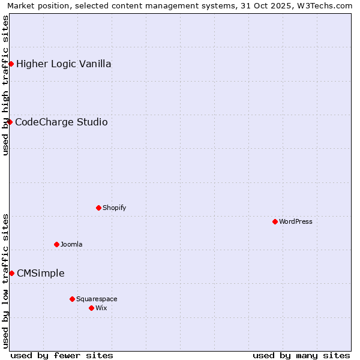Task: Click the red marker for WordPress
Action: tap(275, 221)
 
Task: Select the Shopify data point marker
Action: tap(98, 208)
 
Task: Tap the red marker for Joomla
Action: tap(56, 244)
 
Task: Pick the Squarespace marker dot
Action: tap(72, 299)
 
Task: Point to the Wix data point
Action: tap(91, 308)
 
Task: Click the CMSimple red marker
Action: tap(11, 273)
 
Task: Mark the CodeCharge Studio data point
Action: tap(10, 122)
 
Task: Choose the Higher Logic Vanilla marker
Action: tap(11, 64)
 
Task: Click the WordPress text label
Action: tap(295, 221)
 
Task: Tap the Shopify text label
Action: tap(114, 208)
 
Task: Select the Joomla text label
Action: tap(71, 244)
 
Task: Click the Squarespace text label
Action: tap(97, 299)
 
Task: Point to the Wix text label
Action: tap(101, 308)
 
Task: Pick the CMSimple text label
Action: tap(40, 273)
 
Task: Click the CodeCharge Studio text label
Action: tap(61, 122)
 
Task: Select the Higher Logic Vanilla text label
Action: tap(64, 64)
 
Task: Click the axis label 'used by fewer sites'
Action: tap(62, 355)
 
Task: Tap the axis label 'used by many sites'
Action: tap(301, 355)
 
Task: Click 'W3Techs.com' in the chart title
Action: tap(327, 5)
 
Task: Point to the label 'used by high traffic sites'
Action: tap(5, 85)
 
